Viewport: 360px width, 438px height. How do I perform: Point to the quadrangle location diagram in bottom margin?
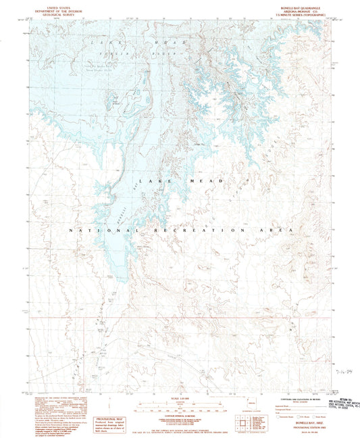[242, 422]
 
